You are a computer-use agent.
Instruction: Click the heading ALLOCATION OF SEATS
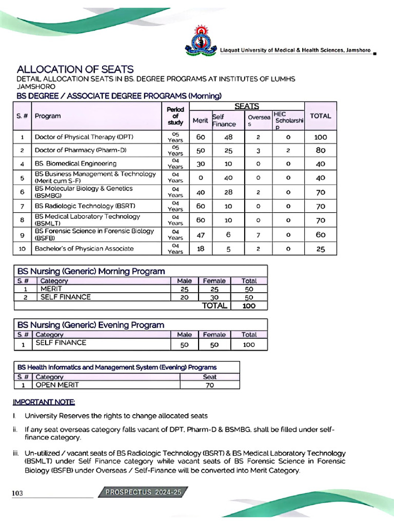(x=75, y=69)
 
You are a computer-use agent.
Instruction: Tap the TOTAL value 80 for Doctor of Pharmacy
(x=320, y=151)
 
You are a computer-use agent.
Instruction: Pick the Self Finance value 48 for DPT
(x=228, y=137)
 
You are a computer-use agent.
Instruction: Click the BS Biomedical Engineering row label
(x=75, y=164)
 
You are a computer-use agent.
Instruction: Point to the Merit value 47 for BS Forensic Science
(x=200, y=235)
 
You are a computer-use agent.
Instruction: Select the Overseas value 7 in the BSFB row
(x=259, y=235)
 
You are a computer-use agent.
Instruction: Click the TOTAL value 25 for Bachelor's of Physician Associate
(x=320, y=249)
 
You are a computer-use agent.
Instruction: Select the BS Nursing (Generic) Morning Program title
(x=91, y=271)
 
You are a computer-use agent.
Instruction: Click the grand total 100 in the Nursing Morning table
(x=249, y=306)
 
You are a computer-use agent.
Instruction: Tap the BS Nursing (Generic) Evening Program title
(x=91, y=325)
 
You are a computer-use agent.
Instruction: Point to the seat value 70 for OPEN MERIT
(x=209, y=385)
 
